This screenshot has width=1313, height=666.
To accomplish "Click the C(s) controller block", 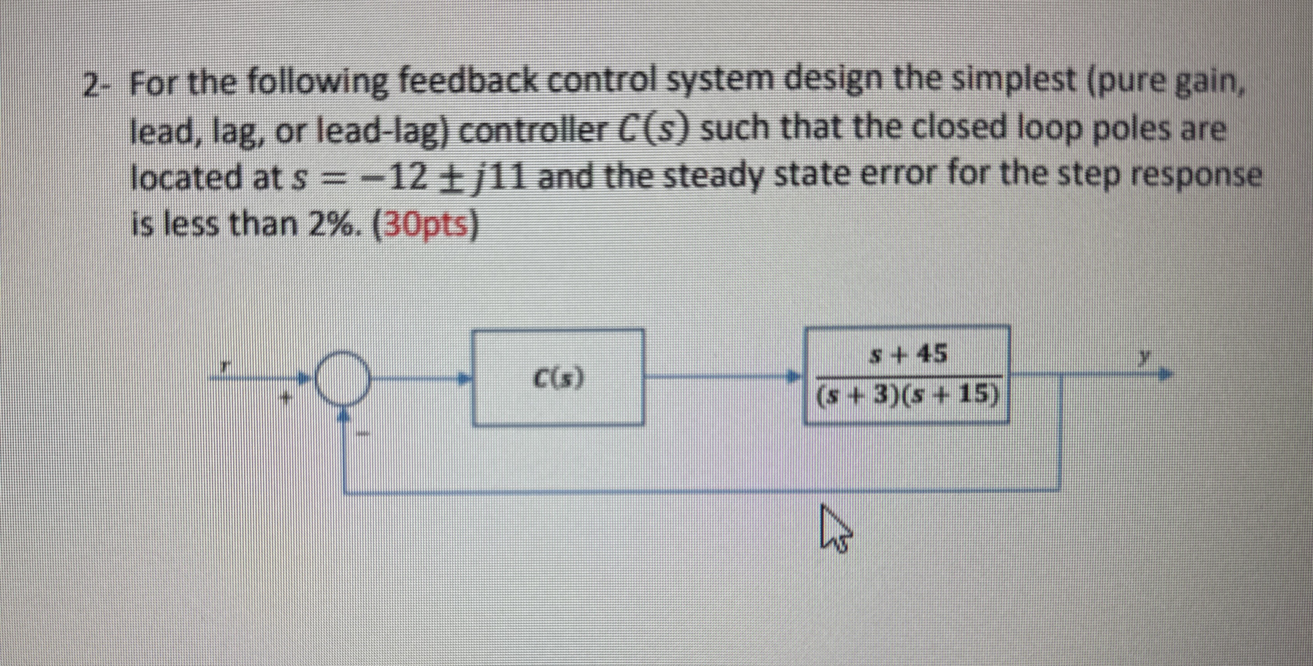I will tap(557, 377).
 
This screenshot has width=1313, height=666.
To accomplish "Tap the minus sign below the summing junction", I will tap(363, 434).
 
